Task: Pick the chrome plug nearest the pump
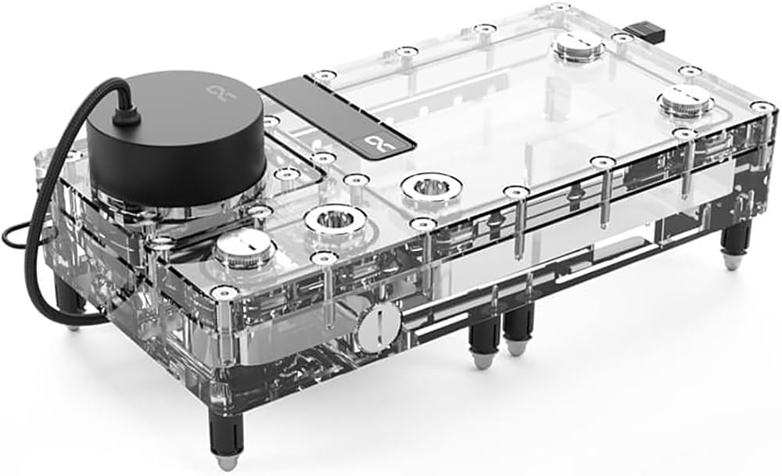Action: (245, 249)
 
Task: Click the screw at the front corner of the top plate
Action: (224, 292)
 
